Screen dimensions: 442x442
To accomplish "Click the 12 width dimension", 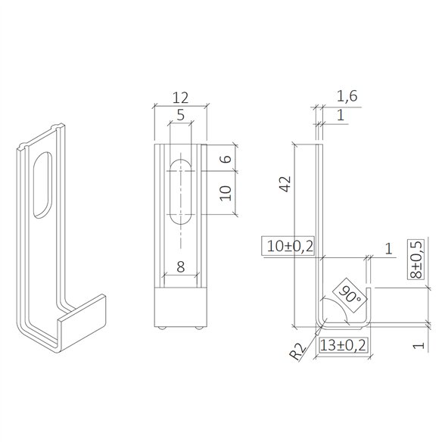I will click(x=179, y=98).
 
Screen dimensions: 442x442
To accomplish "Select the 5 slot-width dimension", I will click(x=179, y=115).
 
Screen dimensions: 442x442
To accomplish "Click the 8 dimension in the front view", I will click(x=179, y=266).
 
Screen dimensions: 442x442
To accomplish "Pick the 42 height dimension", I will click(x=285, y=184).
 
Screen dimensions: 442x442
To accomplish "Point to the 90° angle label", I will click(x=349, y=293).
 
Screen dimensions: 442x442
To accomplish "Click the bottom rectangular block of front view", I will click(x=179, y=307).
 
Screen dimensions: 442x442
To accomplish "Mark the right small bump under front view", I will click(x=197, y=328).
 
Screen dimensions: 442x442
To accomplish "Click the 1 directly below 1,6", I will click(x=341, y=115).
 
